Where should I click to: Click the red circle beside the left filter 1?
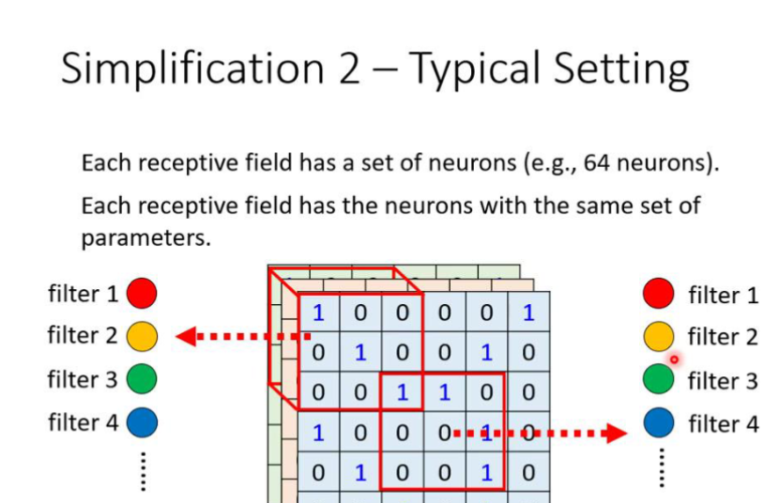(142, 294)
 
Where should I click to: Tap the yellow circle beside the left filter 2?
(142, 336)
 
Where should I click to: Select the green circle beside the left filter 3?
(142, 379)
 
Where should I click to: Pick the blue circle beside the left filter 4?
(142, 422)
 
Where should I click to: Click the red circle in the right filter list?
(659, 294)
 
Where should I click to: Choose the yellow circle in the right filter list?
(659, 336)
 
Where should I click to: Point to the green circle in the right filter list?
(659, 380)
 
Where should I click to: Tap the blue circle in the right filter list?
(659, 423)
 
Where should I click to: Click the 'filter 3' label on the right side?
(723, 381)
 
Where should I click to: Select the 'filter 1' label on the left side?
(83, 294)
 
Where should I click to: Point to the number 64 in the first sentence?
(596, 163)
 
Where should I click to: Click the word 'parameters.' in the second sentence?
(145, 238)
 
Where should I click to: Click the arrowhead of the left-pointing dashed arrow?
(186, 336)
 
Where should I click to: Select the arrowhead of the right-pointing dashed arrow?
(616, 433)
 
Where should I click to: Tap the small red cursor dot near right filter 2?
(674, 358)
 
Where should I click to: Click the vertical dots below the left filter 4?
(143, 470)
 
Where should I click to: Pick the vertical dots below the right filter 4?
(660, 467)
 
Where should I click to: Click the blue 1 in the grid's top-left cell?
(319, 312)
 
